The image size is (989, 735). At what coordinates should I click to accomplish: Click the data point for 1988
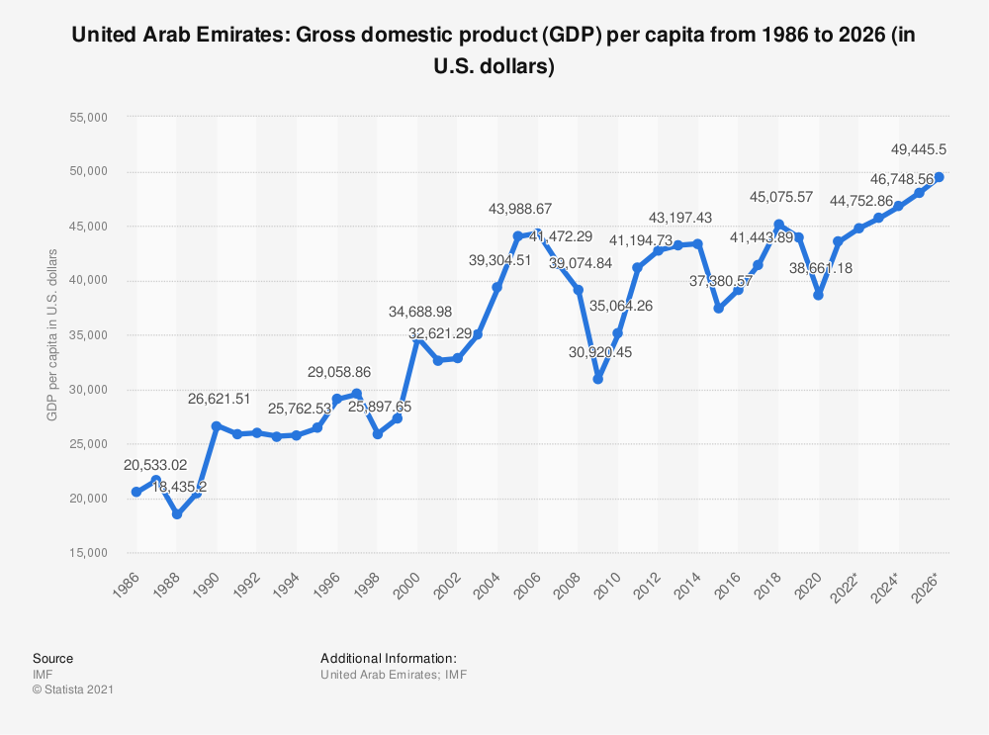coord(177,514)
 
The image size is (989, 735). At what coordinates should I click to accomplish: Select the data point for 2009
coord(598,379)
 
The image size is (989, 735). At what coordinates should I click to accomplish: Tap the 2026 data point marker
coord(940,177)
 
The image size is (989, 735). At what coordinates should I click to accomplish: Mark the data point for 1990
coord(217,426)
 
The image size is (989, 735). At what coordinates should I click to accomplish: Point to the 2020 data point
coord(819,295)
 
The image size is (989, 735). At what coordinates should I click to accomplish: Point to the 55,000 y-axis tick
coord(87,118)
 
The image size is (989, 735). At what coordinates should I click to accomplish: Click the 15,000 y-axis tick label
coord(87,553)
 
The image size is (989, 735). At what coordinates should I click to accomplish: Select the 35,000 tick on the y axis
coord(87,335)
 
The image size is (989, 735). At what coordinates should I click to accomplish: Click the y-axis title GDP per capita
coord(52,334)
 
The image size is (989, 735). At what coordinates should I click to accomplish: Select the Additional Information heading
coord(388,658)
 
